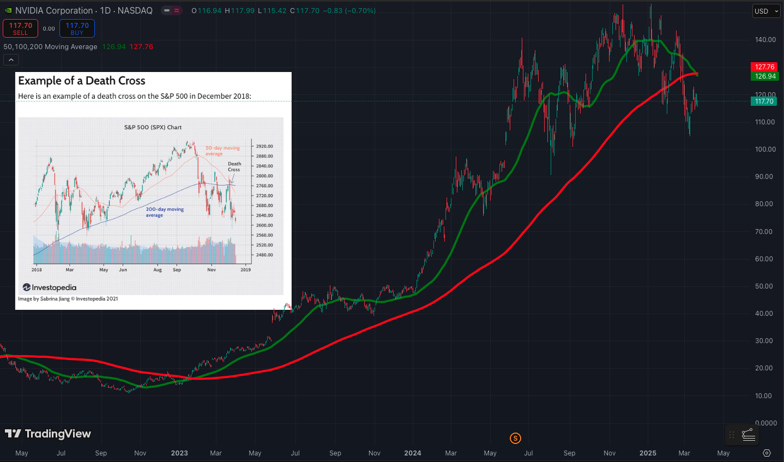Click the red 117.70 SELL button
coord(20,28)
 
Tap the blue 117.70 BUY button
coord(77,28)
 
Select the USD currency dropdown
coord(766,11)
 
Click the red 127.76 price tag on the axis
coord(765,67)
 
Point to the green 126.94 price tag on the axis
coord(765,76)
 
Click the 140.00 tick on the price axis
coord(765,40)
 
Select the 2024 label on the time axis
coord(412,453)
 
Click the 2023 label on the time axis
coord(179,453)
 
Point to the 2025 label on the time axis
coord(647,453)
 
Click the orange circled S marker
coord(515,438)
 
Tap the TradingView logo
coord(48,434)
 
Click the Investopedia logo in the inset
coord(50,287)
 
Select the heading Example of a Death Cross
coord(82,81)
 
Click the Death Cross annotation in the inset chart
coord(234,166)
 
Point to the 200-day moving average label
coord(165,212)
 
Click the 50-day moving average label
coord(222,151)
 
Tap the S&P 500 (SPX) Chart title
coord(153,127)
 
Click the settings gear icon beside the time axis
coord(767,453)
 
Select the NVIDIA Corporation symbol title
coord(54,10)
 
